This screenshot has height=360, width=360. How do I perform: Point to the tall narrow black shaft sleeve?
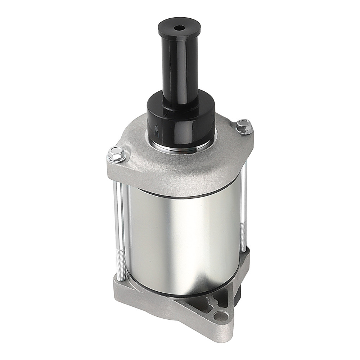(x=179, y=68)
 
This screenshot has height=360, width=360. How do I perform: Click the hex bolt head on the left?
(x=117, y=155)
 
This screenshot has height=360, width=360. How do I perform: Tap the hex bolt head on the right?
(x=244, y=126)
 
